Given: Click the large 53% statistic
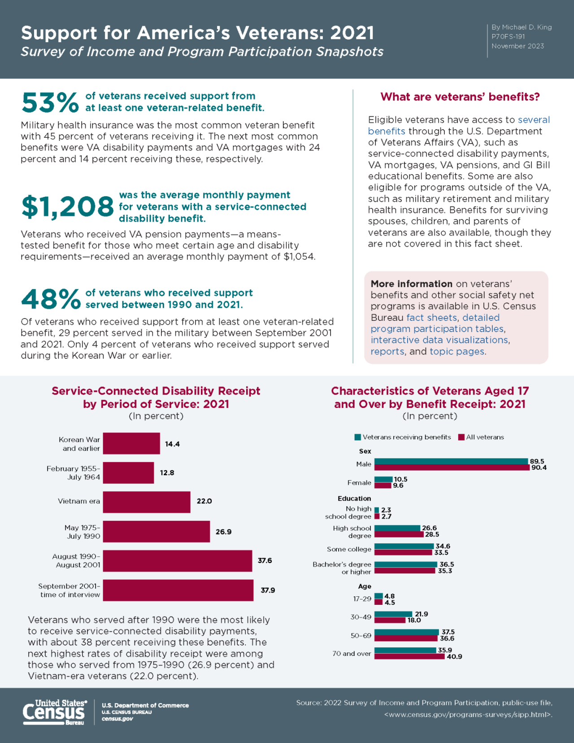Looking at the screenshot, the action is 50,102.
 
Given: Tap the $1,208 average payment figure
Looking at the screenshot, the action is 67,206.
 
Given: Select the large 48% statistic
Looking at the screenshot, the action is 51,299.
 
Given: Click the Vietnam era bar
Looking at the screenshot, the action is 147,502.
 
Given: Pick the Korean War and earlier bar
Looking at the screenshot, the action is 131,443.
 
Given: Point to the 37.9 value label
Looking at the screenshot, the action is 268,590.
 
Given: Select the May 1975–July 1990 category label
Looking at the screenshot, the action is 83,532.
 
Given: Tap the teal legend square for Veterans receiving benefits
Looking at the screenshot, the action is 358,437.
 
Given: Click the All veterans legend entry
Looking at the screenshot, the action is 481,437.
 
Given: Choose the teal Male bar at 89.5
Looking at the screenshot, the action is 451,461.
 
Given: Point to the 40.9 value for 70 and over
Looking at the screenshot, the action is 454,656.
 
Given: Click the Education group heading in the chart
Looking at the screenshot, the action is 354,498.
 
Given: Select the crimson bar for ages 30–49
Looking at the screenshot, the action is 390,620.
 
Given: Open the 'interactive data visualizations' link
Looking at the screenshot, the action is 439,340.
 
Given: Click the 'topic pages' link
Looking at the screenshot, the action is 457,351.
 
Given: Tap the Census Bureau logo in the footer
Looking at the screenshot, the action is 55,712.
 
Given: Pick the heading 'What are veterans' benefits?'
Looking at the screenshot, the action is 460,97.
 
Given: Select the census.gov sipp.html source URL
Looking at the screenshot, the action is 468,714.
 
